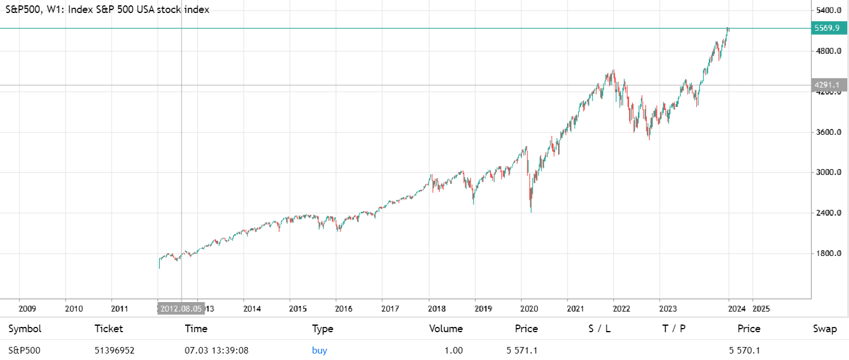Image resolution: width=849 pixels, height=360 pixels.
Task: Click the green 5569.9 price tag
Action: click(x=827, y=28)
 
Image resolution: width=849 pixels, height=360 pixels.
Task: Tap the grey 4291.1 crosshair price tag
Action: click(x=827, y=85)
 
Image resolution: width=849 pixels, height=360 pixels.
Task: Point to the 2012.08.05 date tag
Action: click(x=180, y=309)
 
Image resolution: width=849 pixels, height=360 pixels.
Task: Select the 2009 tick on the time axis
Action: click(x=27, y=309)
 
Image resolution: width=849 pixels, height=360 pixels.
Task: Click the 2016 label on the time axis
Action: click(x=344, y=309)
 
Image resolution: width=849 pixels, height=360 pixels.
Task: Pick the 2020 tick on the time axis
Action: click(x=529, y=309)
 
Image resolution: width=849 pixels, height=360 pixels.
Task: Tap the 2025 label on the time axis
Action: click(x=761, y=309)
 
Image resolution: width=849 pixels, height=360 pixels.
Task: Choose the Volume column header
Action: click(x=446, y=329)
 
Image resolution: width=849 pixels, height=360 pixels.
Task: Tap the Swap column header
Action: click(x=825, y=329)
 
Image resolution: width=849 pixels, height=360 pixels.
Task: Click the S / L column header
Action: click(x=599, y=329)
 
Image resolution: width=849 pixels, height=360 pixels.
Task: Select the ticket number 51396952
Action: click(x=115, y=351)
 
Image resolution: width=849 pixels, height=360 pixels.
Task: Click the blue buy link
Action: click(x=319, y=351)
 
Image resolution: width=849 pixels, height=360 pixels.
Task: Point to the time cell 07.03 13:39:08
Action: click(x=216, y=351)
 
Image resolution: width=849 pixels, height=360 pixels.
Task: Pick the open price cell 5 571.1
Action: click(x=522, y=351)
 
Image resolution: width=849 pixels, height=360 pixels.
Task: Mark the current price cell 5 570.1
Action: click(x=744, y=351)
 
